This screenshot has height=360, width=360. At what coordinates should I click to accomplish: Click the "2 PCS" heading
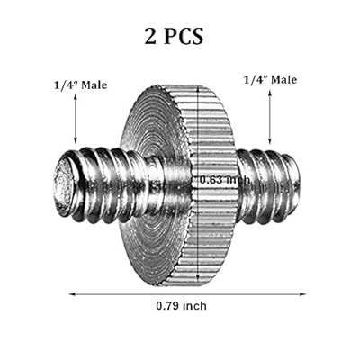[x=174, y=37]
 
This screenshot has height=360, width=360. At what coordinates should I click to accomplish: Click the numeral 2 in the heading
[x=150, y=37]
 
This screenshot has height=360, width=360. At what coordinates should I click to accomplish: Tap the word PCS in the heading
[x=184, y=37]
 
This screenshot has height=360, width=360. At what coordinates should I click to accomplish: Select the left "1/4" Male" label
[x=80, y=85]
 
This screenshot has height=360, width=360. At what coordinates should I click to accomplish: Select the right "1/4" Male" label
[x=270, y=80]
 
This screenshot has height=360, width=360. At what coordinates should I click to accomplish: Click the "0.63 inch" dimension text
[x=225, y=180]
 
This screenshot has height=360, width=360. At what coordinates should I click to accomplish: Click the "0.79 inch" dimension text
[x=181, y=306]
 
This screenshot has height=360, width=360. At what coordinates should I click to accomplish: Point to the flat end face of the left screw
[x=64, y=184]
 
